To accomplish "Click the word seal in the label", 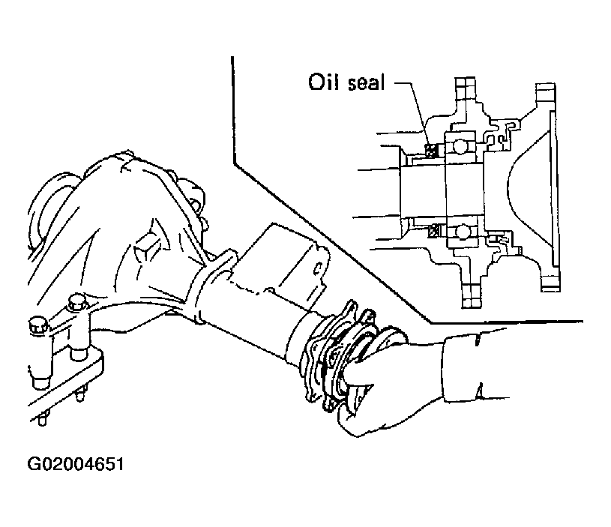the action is [366, 83].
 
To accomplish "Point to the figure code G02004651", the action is [75, 464].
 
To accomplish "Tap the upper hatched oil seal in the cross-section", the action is [430, 150].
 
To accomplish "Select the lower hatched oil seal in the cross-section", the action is [433, 230].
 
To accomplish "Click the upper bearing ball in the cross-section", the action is [460, 146].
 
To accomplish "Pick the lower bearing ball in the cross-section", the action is [463, 232].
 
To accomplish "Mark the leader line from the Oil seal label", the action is [412, 113].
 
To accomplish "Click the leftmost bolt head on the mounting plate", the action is [38, 325].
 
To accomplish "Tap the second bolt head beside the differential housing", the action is [78, 303].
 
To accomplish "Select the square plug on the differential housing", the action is [147, 247].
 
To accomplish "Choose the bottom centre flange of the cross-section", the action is [470, 287].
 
